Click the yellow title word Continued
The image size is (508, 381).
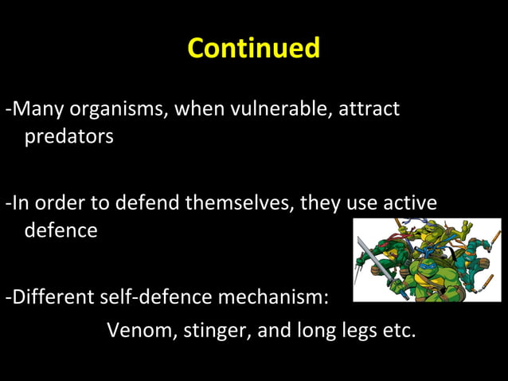pyautogui.click(x=253, y=48)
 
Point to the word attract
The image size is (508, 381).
pyautogui.click(x=369, y=108)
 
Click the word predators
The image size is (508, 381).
pyautogui.click(x=68, y=136)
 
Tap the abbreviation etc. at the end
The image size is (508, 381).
pyautogui.click(x=398, y=329)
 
